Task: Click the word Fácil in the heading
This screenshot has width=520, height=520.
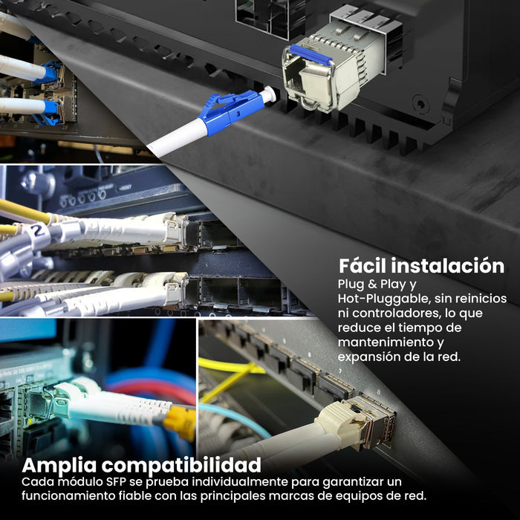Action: (x=362, y=266)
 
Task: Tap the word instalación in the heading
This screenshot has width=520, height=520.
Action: (x=447, y=266)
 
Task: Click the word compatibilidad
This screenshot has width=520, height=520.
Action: (x=181, y=465)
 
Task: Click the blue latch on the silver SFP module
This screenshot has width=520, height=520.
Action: (x=311, y=54)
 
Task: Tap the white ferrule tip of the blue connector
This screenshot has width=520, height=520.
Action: (x=268, y=94)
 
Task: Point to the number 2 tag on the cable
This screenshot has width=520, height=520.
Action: (x=39, y=230)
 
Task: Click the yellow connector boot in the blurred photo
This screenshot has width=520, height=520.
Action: (x=179, y=422)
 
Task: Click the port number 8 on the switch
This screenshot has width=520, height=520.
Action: (x=379, y=391)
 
